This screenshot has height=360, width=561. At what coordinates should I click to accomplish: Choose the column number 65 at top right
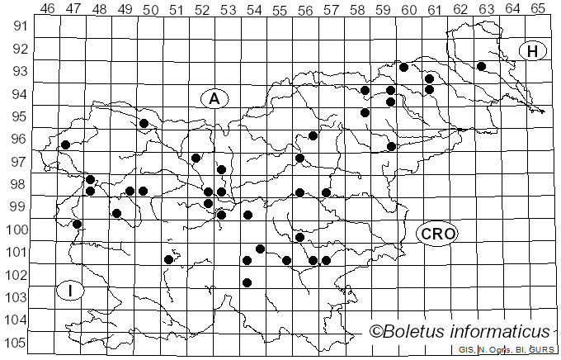point(538,9)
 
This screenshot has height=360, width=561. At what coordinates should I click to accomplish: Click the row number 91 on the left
point(17,26)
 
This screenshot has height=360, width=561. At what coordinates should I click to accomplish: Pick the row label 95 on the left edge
point(17,116)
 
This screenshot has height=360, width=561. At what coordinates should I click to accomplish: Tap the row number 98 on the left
point(17,184)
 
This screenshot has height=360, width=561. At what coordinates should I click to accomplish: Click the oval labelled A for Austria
point(214,99)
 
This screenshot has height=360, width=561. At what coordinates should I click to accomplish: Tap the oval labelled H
point(533,51)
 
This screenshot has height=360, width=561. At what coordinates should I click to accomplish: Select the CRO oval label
point(436,234)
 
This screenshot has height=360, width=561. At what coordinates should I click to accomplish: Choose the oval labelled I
point(71,291)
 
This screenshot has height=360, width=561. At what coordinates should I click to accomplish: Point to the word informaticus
point(502,332)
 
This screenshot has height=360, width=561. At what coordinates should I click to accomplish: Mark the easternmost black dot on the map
point(481,66)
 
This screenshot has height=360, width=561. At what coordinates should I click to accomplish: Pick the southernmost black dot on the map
point(247,282)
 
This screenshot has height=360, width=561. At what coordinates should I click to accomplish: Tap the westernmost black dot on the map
point(65,145)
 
